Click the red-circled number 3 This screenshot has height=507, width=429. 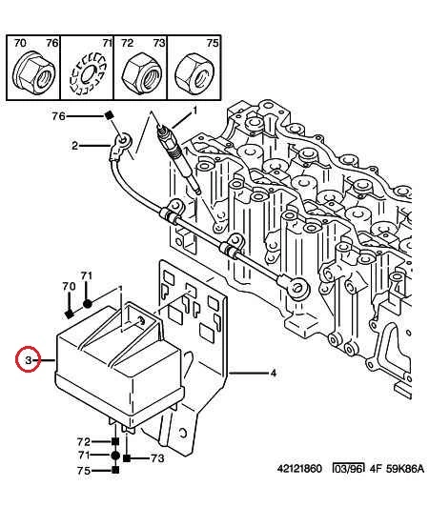pyautogui.click(x=29, y=359)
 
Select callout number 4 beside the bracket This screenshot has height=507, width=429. pyautogui.click(x=274, y=374)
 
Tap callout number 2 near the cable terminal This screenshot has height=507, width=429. pyautogui.click(x=74, y=146)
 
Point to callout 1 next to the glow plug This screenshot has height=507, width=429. pyautogui.click(x=194, y=111)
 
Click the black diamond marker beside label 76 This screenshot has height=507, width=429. pyautogui.click(x=109, y=115)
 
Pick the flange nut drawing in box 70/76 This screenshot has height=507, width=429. pyautogui.click(x=33, y=72)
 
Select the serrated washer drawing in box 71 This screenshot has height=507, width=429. pyautogui.click(x=88, y=73)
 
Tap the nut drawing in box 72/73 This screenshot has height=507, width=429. pyautogui.click(x=141, y=73)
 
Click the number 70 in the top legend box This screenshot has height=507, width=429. pyautogui.click(x=20, y=43)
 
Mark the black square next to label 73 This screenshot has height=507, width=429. pyautogui.click(x=127, y=457)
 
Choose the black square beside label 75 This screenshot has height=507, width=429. pyautogui.click(x=114, y=470)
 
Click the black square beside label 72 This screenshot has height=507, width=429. pyautogui.click(x=114, y=441)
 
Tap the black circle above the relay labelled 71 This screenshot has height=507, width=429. pyautogui.click(x=88, y=304)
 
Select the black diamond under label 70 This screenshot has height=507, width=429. pyautogui.click(x=69, y=314)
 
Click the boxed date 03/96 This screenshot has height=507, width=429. pyautogui.click(x=348, y=468)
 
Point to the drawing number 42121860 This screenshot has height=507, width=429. pyautogui.click(x=299, y=469)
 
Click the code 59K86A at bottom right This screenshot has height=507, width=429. pyautogui.click(x=405, y=469)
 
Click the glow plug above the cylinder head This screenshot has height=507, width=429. pyautogui.click(x=178, y=157)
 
